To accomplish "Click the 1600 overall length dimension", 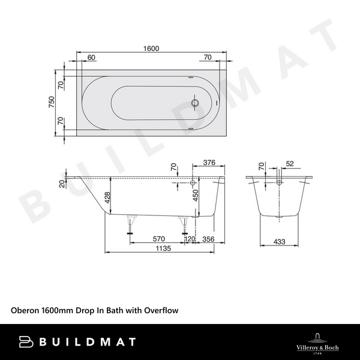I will click(151, 49).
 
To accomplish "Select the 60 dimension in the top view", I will click(91, 58).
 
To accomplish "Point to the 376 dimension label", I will click(209, 162).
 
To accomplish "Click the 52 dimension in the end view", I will click(290, 163).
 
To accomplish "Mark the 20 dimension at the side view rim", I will click(62, 184).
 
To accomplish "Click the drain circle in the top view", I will click(194, 103).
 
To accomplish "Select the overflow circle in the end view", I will click(280, 182).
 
